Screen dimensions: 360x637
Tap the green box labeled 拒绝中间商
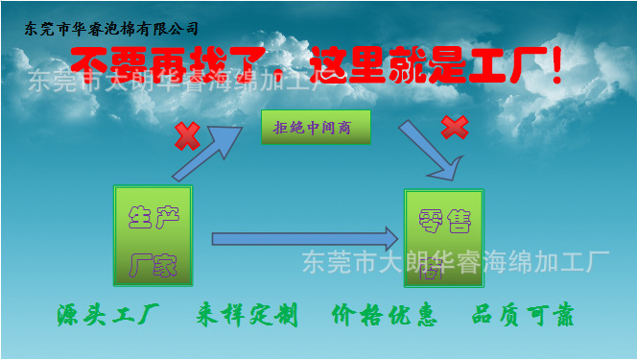[316, 127]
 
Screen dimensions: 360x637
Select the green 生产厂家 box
[153, 235]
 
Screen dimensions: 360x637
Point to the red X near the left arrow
[186, 136]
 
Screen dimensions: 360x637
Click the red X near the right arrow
[454, 127]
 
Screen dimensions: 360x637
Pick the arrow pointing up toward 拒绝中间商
[208, 152]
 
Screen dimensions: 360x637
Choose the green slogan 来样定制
[247, 315]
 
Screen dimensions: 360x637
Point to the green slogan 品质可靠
[523, 315]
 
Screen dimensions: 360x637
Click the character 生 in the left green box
[140, 217]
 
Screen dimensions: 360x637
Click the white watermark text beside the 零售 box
[456, 260]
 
